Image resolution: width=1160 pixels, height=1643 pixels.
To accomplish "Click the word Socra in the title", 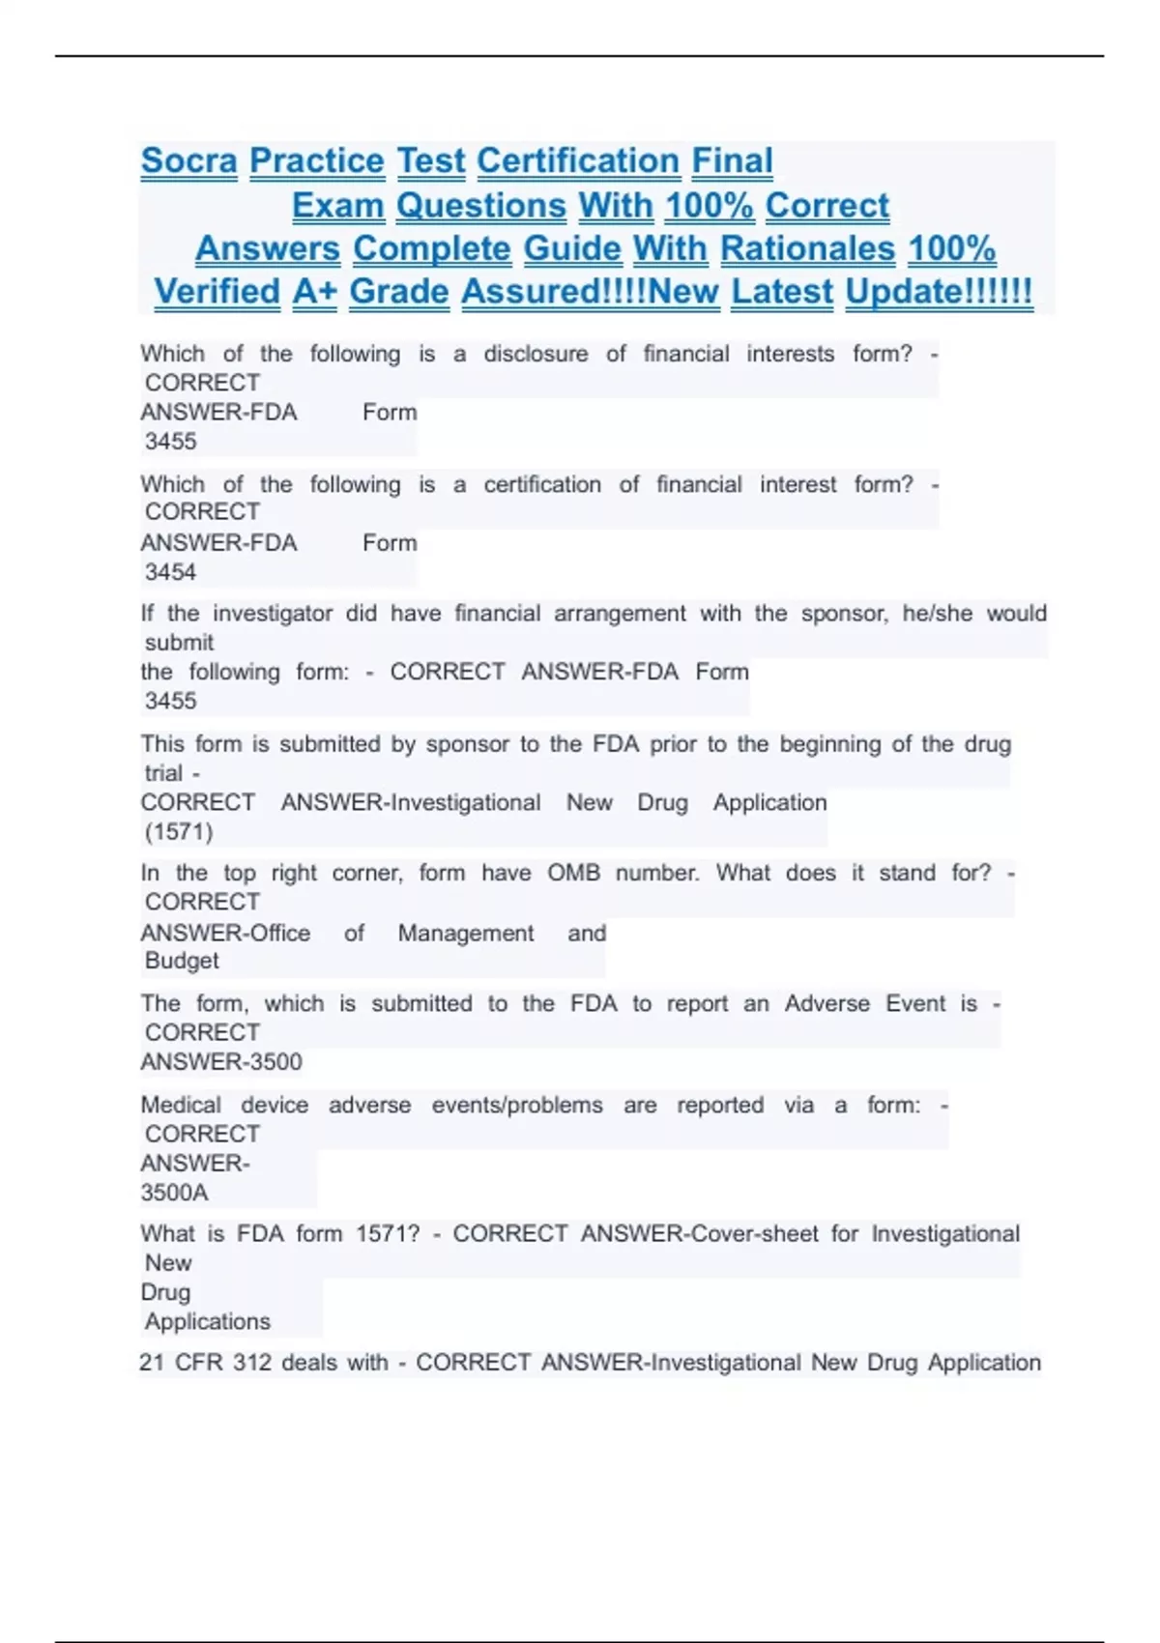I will point(188,161).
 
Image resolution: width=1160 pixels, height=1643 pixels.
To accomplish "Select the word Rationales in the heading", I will point(807,249).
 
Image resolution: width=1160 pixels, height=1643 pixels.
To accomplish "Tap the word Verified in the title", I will point(217,292).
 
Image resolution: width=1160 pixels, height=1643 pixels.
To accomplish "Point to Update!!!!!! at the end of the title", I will point(939,292).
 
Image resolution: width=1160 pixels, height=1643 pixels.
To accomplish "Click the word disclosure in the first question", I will point(536,355).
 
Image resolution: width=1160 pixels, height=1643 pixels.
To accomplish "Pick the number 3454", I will point(170,572).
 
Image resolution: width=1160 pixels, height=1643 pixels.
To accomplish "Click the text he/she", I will point(937,614).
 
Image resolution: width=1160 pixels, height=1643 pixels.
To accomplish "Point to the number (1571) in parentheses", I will point(179,832).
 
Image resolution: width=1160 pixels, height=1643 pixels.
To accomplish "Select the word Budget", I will point(182,962).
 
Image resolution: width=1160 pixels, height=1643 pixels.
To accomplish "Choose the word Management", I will point(465,934).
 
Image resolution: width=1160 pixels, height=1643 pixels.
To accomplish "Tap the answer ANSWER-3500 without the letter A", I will point(221,1062).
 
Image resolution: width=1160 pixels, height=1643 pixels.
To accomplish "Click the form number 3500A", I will point(174,1193).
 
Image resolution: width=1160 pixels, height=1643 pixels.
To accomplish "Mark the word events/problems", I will point(517,1106).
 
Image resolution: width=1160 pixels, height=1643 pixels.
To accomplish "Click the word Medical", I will point(181,1106).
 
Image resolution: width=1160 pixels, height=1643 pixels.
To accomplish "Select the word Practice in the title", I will point(317,161).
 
